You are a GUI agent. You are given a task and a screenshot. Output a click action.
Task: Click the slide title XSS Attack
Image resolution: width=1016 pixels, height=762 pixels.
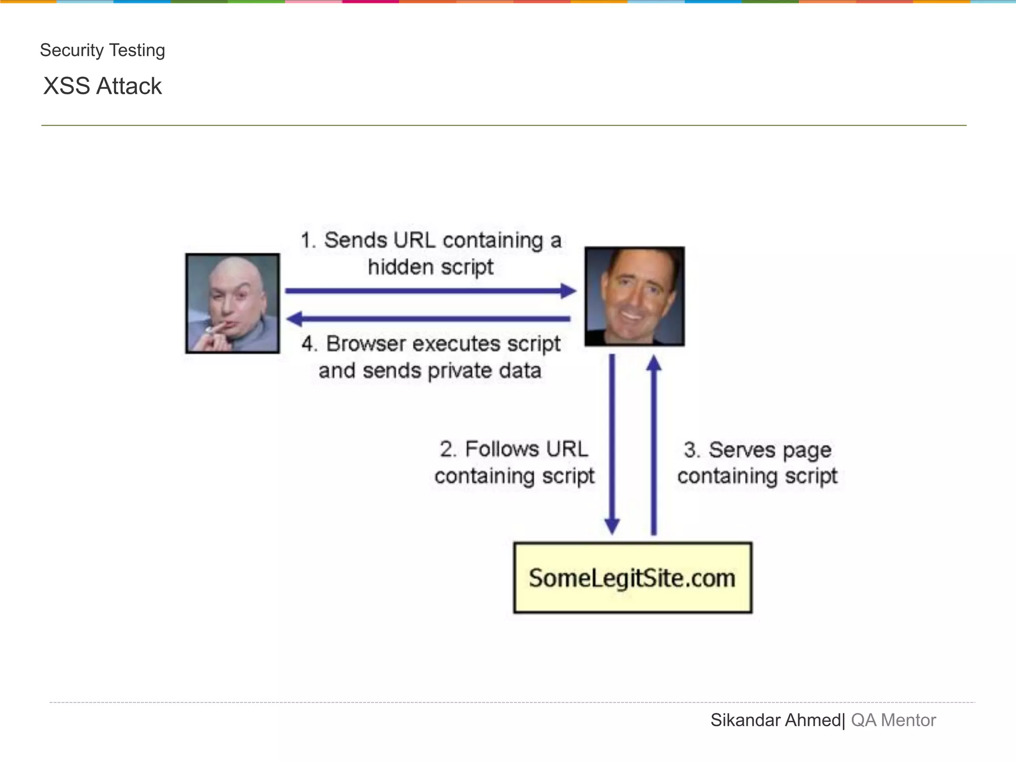(x=102, y=86)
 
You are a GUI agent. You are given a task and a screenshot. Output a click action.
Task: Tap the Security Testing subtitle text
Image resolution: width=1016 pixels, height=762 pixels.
(x=102, y=51)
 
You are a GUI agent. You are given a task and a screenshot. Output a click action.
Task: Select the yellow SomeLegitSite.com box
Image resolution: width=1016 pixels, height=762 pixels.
(x=633, y=578)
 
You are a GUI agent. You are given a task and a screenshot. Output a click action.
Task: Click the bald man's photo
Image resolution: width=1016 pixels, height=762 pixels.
(x=233, y=303)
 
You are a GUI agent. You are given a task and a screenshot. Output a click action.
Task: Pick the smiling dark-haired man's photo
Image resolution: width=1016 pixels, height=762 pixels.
(x=635, y=296)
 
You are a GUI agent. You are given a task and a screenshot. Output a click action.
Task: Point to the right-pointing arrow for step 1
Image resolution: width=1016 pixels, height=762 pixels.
(x=430, y=291)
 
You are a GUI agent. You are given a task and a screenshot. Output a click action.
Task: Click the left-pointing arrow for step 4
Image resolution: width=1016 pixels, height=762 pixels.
(x=429, y=318)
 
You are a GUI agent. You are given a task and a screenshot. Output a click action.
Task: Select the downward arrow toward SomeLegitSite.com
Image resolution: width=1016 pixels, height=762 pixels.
(x=612, y=444)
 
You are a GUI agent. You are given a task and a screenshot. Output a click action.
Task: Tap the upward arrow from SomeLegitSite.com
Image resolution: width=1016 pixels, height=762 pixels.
(x=654, y=444)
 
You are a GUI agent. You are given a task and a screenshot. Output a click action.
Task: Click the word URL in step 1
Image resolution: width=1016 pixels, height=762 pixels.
(x=414, y=241)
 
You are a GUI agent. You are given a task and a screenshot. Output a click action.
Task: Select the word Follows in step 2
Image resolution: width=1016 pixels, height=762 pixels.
(x=502, y=449)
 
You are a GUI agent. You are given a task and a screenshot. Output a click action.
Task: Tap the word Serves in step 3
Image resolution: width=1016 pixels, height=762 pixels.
(x=742, y=450)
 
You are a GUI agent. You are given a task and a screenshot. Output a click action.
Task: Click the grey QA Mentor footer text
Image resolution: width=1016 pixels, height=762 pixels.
(x=893, y=720)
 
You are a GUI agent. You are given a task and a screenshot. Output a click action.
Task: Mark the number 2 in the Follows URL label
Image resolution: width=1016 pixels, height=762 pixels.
(x=447, y=449)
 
